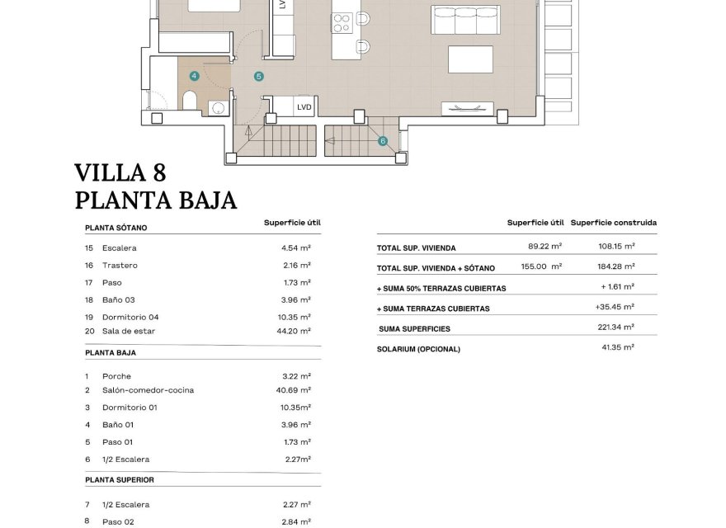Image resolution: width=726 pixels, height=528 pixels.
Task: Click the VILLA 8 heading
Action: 120,172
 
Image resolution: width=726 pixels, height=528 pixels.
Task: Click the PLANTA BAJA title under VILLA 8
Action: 156,200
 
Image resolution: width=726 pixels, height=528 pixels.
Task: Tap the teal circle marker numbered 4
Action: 194,76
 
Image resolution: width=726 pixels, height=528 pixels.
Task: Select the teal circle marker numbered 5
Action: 258,77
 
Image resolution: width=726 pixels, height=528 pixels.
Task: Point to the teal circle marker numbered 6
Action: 383,141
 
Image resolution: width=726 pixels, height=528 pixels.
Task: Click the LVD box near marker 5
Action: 304,106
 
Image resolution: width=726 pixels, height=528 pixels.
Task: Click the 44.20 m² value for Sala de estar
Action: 295,331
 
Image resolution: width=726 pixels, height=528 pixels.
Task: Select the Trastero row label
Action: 120,266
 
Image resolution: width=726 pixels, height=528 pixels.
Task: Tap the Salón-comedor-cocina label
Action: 148,390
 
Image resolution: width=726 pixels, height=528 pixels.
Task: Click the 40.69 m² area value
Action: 295,390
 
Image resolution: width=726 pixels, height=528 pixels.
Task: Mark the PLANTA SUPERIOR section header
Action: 120,479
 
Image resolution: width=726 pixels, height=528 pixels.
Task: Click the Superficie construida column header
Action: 614,223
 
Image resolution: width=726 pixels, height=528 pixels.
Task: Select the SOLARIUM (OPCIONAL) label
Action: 418,349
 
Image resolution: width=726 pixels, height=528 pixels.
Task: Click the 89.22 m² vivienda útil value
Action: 544,246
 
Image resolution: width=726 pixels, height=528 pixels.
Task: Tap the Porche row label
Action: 116,376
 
